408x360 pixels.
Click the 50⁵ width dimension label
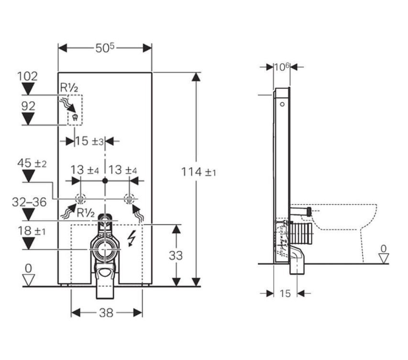tap(105, 48)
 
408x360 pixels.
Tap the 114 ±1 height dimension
tap(198, 172)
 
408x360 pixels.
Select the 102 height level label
tap(27, 76)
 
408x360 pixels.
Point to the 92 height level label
tap(28, 106)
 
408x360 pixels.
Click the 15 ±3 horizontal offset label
tap(89, 141)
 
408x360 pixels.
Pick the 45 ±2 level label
tap(32, 164)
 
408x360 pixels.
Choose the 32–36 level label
tap(29, 202)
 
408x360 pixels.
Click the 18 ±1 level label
tap(32, 231)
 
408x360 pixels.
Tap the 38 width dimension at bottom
tap(106, 313)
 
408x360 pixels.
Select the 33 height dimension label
tap(176, 255)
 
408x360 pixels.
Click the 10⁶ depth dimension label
tap(282, 67)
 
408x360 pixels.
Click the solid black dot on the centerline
tap(105, 181)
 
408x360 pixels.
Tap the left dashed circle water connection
tap(80, 199)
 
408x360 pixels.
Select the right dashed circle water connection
tap(129, 199)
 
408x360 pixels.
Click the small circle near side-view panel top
tap(282, 104)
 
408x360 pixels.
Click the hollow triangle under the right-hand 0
tap(384, 259)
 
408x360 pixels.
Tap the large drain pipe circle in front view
tap(105, 249)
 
